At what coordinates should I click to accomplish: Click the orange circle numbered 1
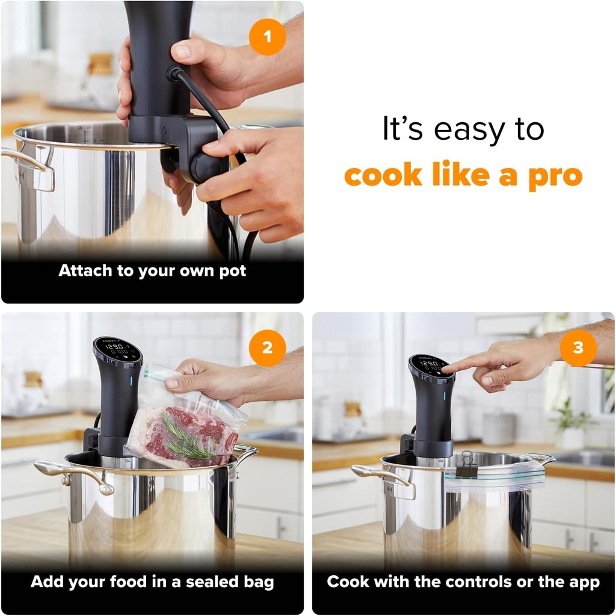pos(267,36)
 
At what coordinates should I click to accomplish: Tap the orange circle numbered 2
pos(267,348)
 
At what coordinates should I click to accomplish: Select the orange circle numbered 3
pos(578,348)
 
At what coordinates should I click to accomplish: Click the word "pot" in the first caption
pos(232,271)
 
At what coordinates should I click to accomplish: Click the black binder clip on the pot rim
pos(466,465)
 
